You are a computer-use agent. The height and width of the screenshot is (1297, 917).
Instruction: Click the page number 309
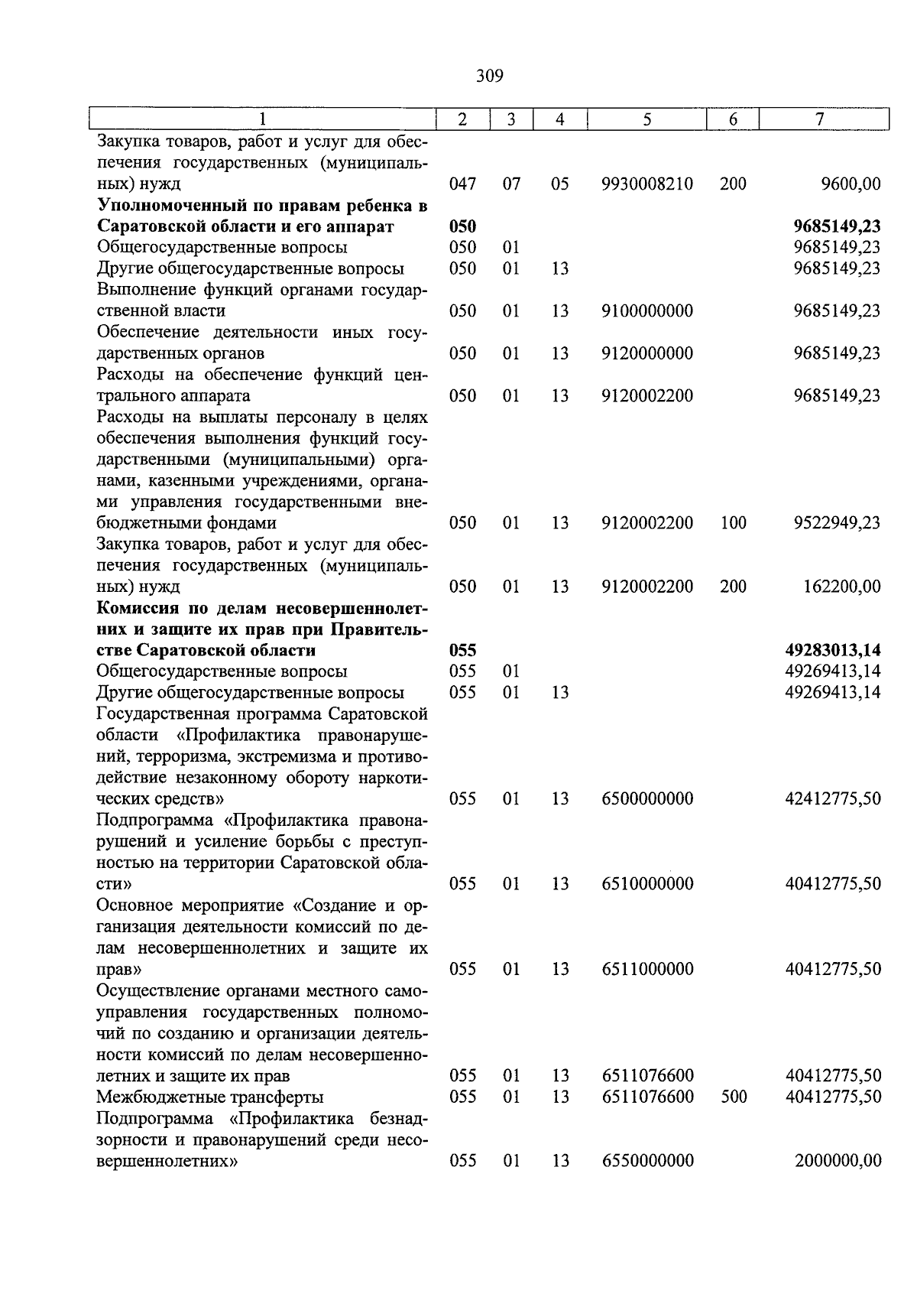(489, 76)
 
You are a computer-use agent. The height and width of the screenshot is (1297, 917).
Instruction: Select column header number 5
(646, 119)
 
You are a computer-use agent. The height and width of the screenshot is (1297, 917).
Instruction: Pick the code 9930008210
(647, 184)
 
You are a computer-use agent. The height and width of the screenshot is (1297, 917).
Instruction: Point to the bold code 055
(462, 650)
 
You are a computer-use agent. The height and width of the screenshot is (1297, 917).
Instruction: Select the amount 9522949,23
(837, 523)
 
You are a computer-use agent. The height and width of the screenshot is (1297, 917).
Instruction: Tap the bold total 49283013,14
(833, 650)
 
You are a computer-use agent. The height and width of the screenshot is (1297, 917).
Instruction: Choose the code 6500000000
(647, 798)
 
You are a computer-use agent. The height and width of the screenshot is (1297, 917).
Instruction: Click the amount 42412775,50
(833, 798)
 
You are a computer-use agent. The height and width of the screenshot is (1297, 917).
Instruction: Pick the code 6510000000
(647, 883)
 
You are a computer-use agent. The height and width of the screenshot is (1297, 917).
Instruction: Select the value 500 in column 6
(733, 1097)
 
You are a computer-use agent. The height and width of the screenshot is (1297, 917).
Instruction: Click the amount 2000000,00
(838, 1160)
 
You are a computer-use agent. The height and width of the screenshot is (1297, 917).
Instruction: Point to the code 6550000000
(647, 1160)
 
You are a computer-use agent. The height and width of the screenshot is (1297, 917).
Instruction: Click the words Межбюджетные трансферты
(210, 1097)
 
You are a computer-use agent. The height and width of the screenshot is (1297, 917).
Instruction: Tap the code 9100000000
(647, 311)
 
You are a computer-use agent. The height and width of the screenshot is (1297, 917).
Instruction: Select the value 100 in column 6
(733, 523)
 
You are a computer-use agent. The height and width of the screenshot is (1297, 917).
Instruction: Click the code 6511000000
(647, 969)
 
